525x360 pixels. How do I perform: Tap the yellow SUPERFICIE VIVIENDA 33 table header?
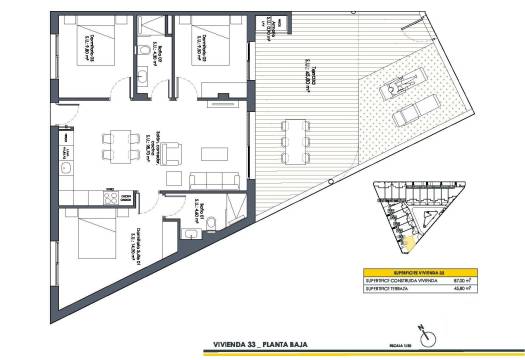[x=411, y=271]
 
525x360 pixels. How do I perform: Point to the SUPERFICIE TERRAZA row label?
[x=391, y=289]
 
